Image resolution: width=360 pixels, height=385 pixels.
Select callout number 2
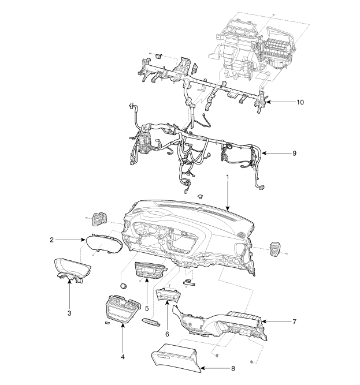[51, 239]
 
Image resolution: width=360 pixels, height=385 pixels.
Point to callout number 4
[123, 357]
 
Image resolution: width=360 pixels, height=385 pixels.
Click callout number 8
[232, 367]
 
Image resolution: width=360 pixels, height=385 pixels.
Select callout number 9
[294, 154]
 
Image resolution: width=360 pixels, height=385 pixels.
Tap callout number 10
[300, 102]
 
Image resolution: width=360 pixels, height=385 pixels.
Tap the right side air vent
[276, 250]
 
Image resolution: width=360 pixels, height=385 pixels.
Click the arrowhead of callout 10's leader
[267, 102]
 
